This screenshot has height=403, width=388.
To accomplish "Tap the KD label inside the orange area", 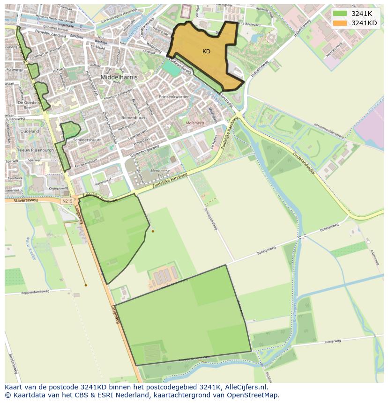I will pos(206,51).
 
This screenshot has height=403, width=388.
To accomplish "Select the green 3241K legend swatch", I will pos(341,14).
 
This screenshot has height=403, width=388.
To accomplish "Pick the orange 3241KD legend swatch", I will pos(341,23).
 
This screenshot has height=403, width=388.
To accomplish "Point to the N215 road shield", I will pos(67,201).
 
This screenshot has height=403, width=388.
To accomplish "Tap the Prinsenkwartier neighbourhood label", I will pos(173,97).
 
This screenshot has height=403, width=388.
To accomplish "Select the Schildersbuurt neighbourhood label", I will pos(87,140).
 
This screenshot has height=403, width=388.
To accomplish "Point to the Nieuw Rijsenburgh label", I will pos(36,150).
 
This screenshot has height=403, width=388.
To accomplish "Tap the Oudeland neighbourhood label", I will pos(30,132).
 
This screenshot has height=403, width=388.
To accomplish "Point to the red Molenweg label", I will pos(195,123).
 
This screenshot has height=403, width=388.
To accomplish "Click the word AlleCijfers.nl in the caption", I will pos(246,387).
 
